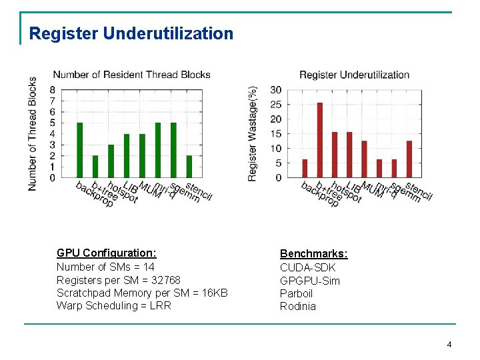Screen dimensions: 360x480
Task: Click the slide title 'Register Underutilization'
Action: coord(131,33)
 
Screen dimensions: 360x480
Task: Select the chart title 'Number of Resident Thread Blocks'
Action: coord(131,75)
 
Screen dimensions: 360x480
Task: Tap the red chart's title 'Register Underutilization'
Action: coord(354,75)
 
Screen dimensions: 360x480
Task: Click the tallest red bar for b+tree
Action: coord(320,140)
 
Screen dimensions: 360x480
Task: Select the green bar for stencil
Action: coord(189,167)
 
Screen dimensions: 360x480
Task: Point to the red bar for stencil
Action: coord(409,159)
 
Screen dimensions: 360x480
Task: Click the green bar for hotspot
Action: coord(111,161)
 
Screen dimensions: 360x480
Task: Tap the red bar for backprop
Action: coord(305,168)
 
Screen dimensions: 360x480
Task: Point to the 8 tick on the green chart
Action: coord(52,90)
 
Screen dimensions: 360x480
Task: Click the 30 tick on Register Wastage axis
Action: coord(275,90)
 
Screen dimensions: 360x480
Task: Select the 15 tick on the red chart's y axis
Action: coord(275,134)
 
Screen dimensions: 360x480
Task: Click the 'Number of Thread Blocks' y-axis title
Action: coord(33,133)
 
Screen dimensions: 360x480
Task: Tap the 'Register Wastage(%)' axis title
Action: coord(253,133)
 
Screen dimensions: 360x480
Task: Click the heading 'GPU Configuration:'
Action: coord(107,253)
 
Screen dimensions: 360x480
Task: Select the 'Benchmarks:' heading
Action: coord(313,254)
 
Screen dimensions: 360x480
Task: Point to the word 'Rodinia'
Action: coord(298,307)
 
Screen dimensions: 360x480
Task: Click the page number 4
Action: coord(449,345)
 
